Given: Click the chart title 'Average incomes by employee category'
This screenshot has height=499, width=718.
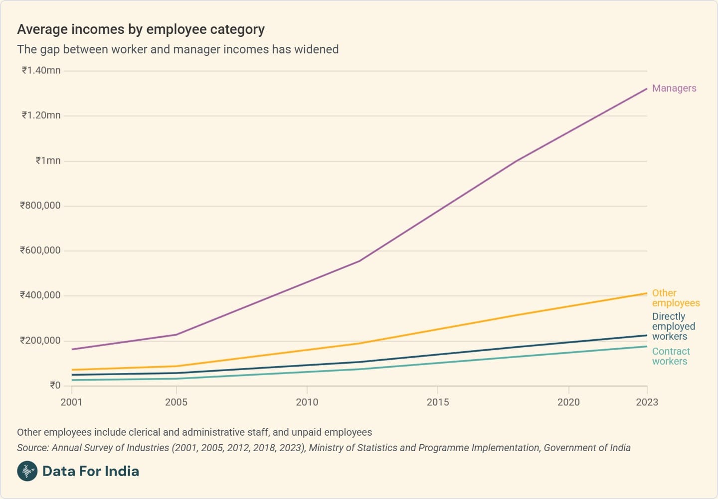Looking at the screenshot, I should coord(141,29).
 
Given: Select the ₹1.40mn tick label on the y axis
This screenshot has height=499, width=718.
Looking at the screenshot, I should coord(41,70).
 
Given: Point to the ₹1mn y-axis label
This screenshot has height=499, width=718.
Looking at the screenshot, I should coord(48,161).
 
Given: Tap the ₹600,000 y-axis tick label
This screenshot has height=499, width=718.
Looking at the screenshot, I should coord(40,250).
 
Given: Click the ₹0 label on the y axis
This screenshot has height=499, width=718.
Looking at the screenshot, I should coord(55,385).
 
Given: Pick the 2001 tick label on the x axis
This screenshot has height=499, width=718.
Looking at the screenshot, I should coord(71,402).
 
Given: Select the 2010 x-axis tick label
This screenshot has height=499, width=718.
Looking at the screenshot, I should coord(307,402).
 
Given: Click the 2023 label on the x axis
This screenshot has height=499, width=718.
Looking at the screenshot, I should coord(647,402).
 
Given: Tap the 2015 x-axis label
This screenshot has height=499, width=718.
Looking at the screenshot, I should coord(437,402).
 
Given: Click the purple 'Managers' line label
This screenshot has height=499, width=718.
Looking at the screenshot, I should coord(674,88).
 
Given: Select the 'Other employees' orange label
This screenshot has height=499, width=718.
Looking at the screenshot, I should coord(676,298).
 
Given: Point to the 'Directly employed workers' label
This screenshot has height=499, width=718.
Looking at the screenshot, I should coord(673,326).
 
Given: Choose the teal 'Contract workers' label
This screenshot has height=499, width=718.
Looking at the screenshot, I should coord(671,356).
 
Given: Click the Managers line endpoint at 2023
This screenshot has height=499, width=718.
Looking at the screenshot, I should coord(647,89).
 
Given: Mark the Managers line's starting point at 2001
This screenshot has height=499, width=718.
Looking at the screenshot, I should coord(72,349).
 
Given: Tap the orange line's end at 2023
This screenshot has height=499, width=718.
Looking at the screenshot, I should coord(647,293).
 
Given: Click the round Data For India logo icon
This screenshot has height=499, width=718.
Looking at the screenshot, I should coord(27,471).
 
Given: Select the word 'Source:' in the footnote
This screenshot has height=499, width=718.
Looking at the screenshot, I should coord(33,448).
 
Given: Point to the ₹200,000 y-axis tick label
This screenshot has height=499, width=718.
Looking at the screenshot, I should coord(40,341).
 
